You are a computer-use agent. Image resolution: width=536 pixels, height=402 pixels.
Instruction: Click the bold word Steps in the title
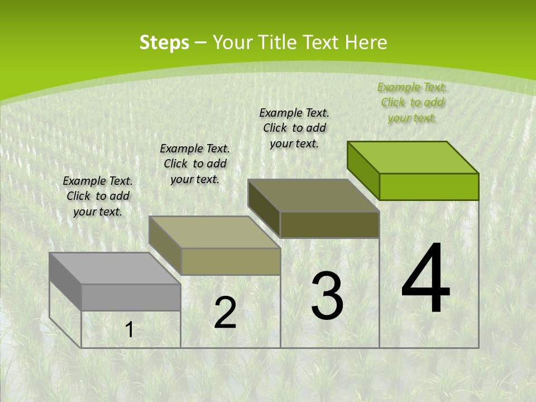[164, 42]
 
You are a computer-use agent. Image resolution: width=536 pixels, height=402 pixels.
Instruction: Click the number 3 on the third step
[327, 296]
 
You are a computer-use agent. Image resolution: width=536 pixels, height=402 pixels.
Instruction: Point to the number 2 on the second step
[225, 313]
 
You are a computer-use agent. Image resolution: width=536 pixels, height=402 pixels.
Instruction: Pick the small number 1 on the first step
[130, 330]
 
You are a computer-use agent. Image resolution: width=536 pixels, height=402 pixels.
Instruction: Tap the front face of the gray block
[131, 297]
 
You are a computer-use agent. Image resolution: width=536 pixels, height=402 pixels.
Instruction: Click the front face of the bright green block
[429, 186]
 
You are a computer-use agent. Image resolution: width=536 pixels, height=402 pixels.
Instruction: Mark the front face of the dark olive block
[329, 224]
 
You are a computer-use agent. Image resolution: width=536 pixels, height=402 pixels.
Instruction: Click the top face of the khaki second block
[214, 232]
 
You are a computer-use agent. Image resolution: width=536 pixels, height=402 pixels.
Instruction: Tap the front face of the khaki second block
[231, 261]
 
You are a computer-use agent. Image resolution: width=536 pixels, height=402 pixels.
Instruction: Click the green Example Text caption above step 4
[412, 102]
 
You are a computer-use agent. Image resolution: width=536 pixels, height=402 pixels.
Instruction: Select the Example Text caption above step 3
[294, 128]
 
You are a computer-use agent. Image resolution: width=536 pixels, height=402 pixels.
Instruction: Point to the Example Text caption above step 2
[195, 164]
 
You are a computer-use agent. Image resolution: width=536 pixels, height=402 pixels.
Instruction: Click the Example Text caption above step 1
[98, 196]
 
